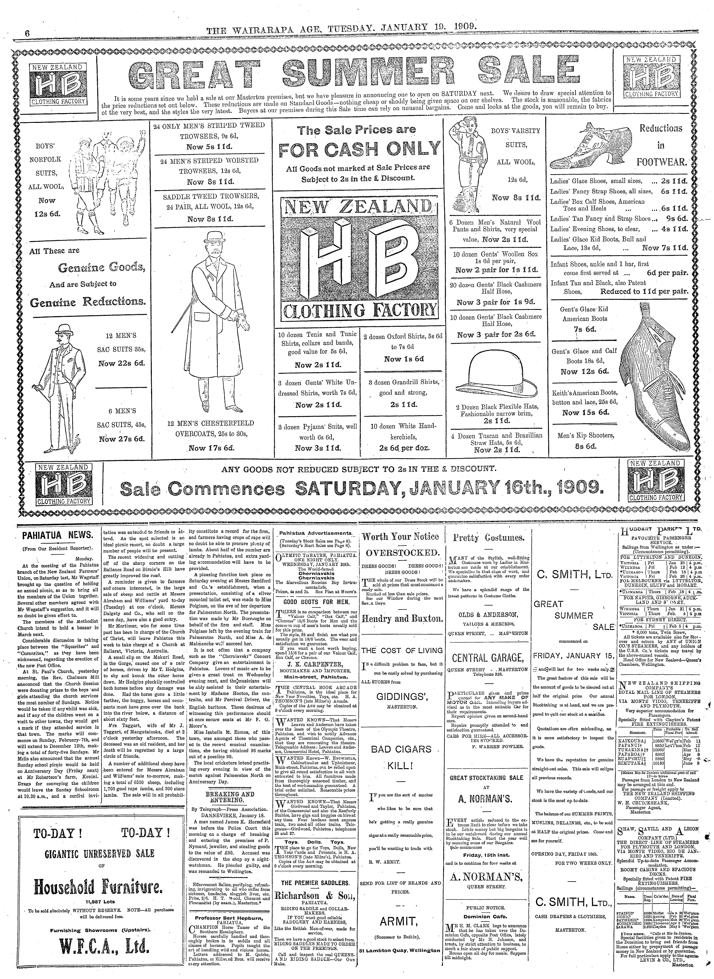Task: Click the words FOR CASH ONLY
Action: point(359,150)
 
